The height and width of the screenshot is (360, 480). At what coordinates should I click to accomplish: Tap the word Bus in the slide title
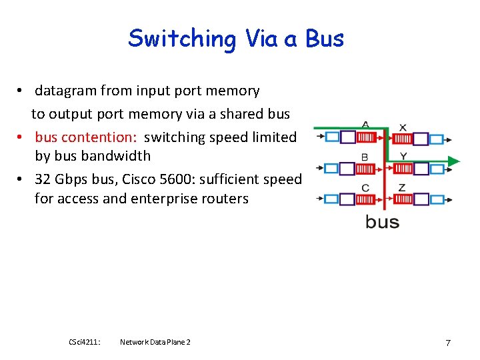click(325, 38)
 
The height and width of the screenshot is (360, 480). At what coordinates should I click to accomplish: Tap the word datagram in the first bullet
click(65, 90)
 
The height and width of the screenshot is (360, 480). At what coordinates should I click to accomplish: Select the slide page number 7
click(448, 343)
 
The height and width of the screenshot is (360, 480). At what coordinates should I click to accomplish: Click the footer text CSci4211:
click(84, 342)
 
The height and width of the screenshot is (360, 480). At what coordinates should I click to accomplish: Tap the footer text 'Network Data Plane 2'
click(155, 342)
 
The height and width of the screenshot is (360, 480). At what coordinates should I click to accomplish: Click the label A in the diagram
click(365, 125)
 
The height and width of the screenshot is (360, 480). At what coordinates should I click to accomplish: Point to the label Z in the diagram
click(401, 187)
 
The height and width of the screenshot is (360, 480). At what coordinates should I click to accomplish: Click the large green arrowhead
click(453, 161)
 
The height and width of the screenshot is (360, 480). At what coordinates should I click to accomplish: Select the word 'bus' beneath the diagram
click(382, 222)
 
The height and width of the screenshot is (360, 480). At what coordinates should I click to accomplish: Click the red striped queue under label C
click(366, 199)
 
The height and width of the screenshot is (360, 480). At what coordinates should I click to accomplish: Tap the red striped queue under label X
click(402, 139)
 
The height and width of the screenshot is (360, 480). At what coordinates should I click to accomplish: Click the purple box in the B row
click(347, 168)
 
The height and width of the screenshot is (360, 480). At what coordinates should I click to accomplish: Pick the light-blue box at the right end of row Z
click(437, 199)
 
